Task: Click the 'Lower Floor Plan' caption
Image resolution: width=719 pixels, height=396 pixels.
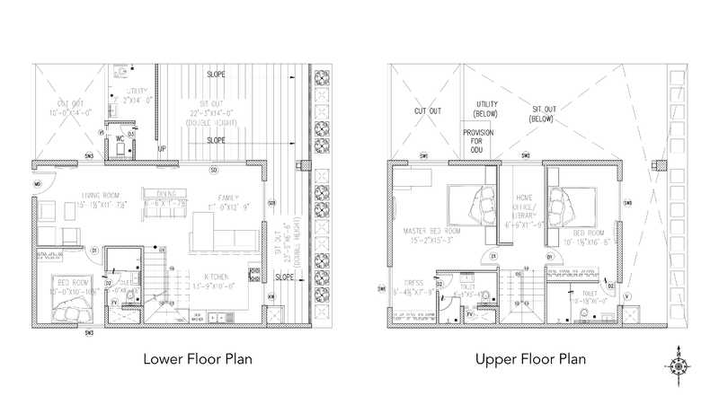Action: (197, 359)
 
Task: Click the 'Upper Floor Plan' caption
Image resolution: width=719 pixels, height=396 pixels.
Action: (530, 359)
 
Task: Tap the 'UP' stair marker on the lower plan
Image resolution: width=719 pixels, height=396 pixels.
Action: (162, 149)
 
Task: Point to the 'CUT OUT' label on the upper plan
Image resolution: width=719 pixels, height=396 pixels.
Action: (427, 111)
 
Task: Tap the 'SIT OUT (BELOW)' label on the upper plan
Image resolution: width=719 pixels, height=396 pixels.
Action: (542, 114)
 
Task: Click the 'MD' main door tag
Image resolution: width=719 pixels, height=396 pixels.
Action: (38, 185)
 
